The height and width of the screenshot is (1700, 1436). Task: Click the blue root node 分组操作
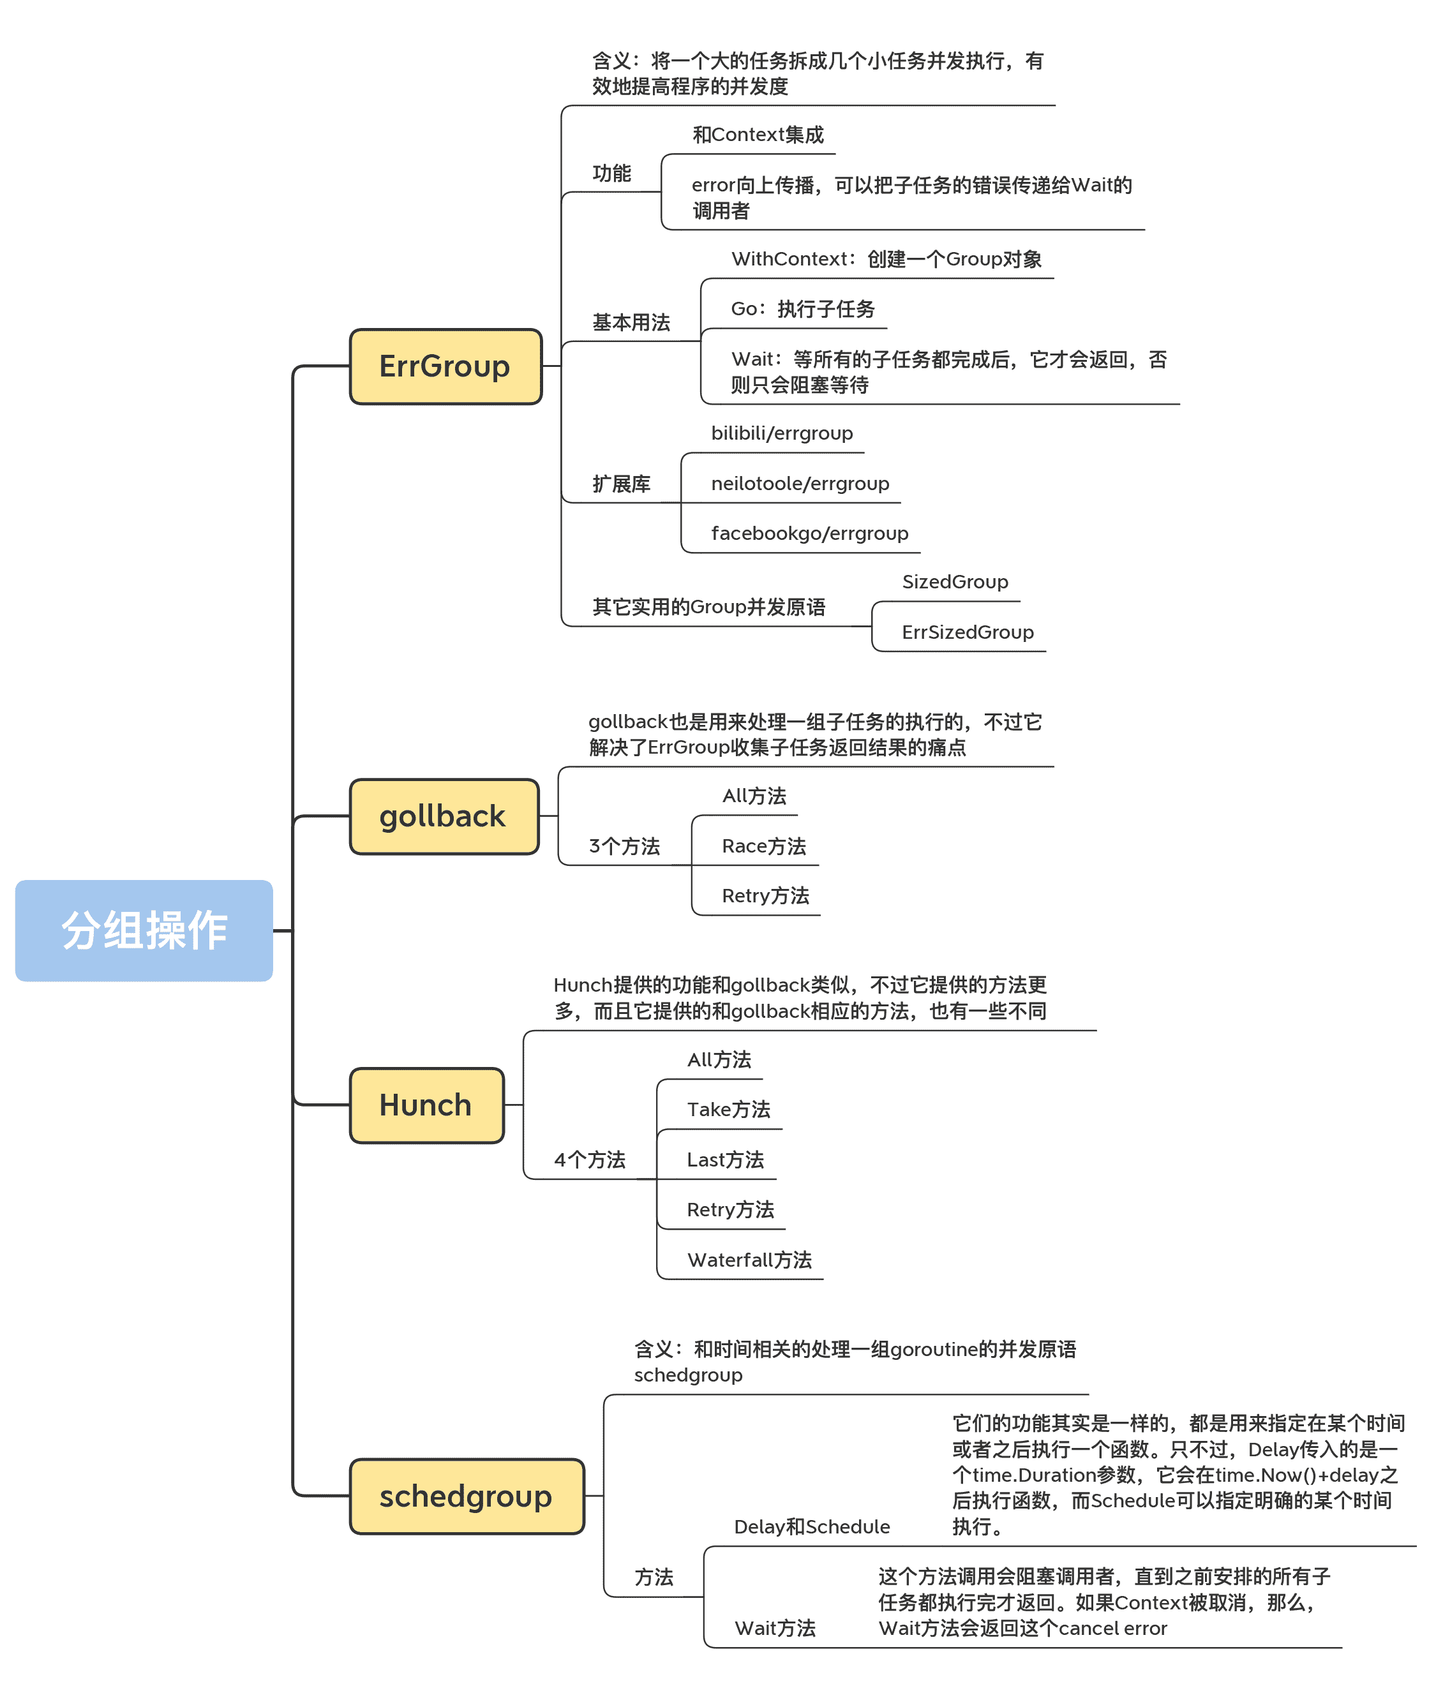(x=144, y=930)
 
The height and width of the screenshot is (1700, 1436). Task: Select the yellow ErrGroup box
(x=445, y=366)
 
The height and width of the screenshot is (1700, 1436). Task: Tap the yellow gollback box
(x=444, y=816)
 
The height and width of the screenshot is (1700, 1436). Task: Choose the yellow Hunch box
(x=426, y=1105)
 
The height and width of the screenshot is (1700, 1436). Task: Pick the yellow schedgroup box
(x=467, y=1496)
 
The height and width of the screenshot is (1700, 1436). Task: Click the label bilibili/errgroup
(x=781, y=433)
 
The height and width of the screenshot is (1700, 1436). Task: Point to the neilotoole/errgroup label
(x=800, y=483)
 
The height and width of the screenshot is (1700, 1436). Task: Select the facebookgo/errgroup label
(x=809, y=533)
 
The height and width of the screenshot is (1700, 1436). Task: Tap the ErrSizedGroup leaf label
(x=967, y=632)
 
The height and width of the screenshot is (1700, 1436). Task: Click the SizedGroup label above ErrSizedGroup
(x=954, y=582)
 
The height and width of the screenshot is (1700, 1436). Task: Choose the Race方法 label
(x=763, y=846)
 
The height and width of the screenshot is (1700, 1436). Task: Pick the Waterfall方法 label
(x=749, y=1260)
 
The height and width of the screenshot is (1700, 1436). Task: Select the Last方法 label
(x=725, y=1159)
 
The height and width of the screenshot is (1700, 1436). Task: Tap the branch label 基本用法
(x=631, y=323)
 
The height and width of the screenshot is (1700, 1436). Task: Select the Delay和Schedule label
(x=812, y=1526)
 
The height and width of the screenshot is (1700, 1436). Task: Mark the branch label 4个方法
(x=589, y=1159)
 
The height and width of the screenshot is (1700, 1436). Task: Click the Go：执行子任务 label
(x=803, y=309)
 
